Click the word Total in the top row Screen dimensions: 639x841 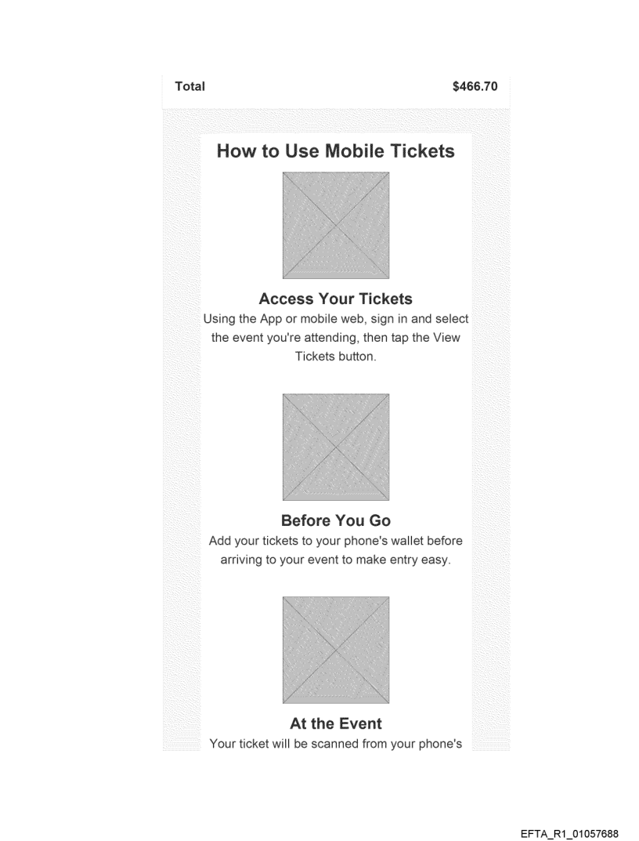190,86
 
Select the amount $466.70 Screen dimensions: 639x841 475,86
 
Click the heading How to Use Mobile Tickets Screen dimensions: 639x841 336,150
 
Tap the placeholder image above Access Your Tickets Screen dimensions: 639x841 336,225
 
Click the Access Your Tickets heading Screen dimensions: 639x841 336,299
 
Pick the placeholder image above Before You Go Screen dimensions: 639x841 336,448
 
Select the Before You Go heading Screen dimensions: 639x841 336,520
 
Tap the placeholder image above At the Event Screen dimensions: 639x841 336,650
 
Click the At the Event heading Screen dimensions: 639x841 336,723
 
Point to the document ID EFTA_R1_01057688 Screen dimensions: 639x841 569,833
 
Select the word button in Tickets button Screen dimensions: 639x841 358,357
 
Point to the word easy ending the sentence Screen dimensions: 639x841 436,560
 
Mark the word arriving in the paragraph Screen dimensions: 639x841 240,560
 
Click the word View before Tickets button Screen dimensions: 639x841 446,338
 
